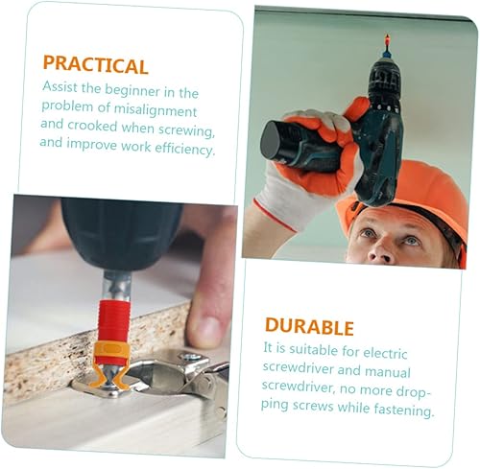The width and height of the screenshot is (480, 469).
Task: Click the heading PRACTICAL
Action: click(95, 65)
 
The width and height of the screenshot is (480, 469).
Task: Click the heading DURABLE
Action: click(309, 326)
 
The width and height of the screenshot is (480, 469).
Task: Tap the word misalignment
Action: click(156, 110)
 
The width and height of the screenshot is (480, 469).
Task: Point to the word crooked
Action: click(92, 126)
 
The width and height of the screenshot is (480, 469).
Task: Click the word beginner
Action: click(132, 90)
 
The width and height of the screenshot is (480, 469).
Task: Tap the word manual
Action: click(388, 372)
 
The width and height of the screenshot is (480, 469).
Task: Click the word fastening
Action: click(404, 410)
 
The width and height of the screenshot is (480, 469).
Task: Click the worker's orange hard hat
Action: click(416, 195)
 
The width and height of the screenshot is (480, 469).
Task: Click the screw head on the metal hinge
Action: click(190, 356)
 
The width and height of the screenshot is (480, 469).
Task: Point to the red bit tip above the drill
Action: click(387, 41)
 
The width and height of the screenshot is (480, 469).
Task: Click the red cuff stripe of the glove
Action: click(275, 215)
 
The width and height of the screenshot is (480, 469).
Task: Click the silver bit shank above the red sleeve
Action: click(117, 286)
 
